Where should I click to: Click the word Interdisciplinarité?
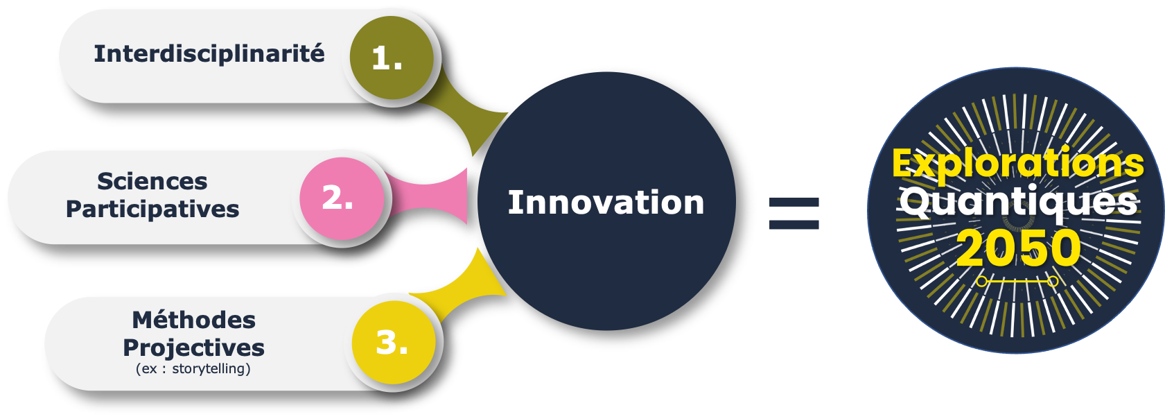209,53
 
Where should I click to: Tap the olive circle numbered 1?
391,58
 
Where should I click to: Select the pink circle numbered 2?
342,198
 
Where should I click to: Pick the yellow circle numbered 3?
394,343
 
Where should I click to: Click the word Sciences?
152,181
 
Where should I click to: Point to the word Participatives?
152,209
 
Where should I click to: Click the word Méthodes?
193,320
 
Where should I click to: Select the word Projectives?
193,348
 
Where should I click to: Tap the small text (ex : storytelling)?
193,368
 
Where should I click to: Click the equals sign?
794,214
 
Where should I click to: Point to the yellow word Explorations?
1018,163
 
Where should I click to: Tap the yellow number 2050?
1019,248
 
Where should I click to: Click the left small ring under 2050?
981,282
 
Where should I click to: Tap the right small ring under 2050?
1052,282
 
